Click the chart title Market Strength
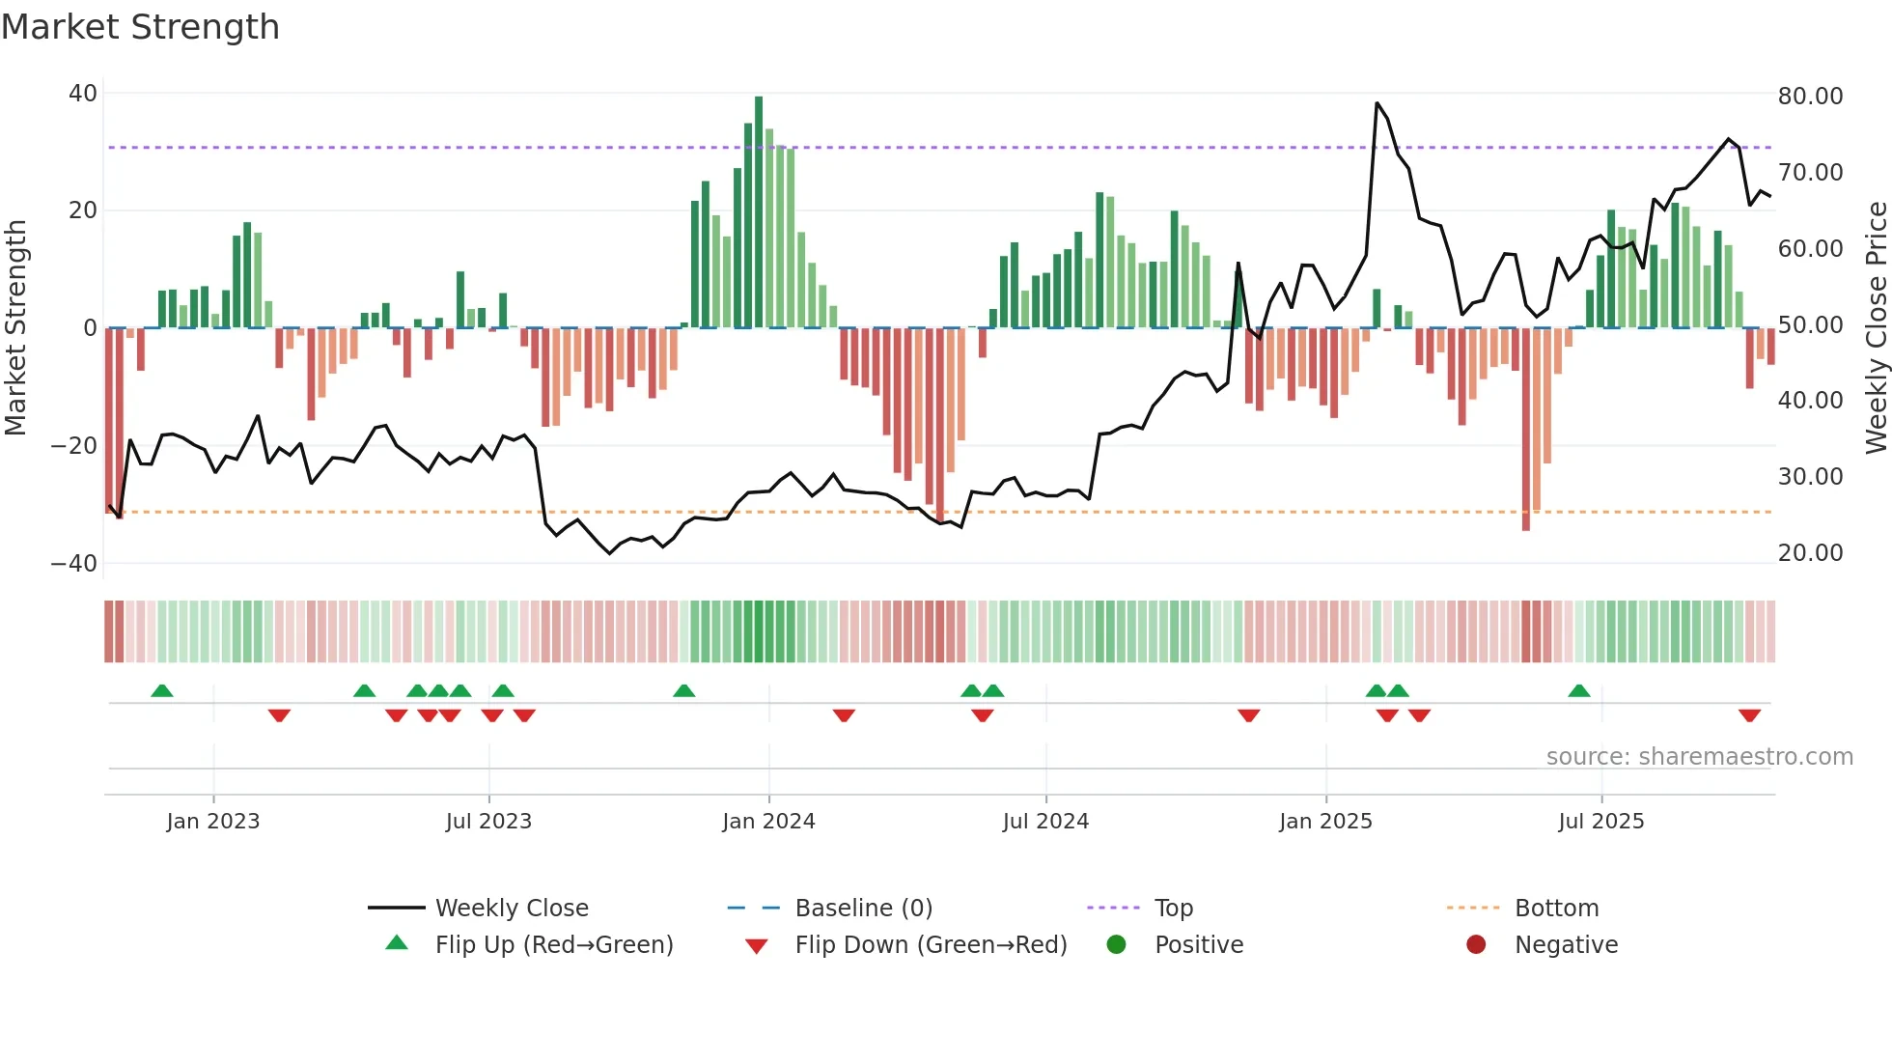(140, 27)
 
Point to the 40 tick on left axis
(83, 94)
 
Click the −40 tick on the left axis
(74, 563)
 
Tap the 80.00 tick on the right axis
(1810, 97)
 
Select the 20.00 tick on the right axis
(1810, 553)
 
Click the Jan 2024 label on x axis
(768, 822)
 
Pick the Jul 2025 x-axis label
(1600, 822)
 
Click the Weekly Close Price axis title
(1876, 328)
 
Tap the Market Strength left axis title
(16, 328)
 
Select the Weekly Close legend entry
(511, 909)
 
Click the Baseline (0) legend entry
(863, 909)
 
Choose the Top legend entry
(1173, 909)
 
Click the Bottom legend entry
(1556, 909)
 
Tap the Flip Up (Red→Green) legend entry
(553, 945)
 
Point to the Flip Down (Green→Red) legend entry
(931, 945)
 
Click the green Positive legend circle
(1116, 945)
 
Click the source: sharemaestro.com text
(1699, 757)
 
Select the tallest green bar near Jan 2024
(759, 212)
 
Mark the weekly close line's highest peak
(1377, 103)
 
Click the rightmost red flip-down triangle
(1749, 715)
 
